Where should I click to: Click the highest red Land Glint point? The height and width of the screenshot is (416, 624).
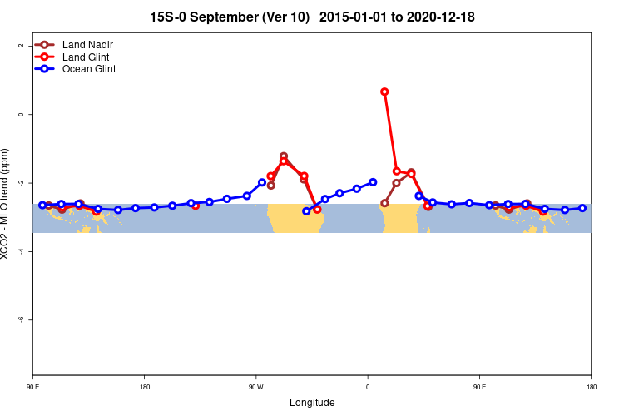[384, 92]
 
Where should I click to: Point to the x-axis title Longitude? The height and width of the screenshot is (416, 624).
[312, 403]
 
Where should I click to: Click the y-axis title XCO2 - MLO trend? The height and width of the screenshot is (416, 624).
[7, 204]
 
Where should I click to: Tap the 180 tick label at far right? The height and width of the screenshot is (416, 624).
[591, 387]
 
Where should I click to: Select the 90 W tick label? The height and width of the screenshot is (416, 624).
[255, 387]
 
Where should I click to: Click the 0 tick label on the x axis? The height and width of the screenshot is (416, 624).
[368, 387]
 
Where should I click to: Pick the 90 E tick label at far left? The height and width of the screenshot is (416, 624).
[32, 387]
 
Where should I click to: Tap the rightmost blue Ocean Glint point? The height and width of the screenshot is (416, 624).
[582, 208]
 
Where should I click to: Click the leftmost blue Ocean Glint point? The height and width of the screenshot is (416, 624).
[42, 205]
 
